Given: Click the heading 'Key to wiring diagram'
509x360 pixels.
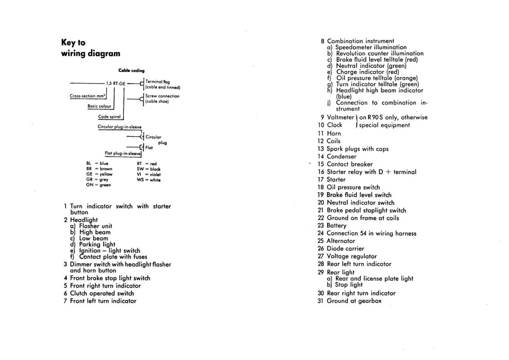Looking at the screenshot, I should pyautogui.click(x=90, y=48).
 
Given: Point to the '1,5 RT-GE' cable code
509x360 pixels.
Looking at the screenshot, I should pyautogui.click(x=116, y=83).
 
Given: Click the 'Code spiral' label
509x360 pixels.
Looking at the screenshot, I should pyautogui.click(x=109, y=117).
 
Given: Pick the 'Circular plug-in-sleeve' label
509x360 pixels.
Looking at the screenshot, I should pyautogui.click(x=119, y=126).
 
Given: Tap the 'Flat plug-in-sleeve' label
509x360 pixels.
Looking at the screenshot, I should pyautogui.click(x=122, y=153).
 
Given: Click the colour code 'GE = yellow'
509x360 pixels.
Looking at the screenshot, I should pyautogui.click(x=99, y=174).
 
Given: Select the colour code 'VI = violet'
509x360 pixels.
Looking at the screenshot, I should pyautogui.click(x=148, y=174).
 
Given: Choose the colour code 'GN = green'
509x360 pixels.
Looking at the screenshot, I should pyautogui.click(x=99, y=185).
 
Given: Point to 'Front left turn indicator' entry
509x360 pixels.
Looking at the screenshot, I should pyautogui.click(x=103, y=301).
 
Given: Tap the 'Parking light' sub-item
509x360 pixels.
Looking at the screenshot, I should pyautogui.click(x=97, y=244).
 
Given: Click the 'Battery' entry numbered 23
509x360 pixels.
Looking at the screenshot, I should pyautogui.click(x=336, y=225).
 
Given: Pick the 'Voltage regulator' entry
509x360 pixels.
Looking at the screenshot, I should pyautogui.click(x=351, y=256).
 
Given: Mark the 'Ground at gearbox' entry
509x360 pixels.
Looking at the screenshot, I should pyautogui.click(x=354, y=301).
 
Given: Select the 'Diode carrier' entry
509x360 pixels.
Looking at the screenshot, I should pyautogui.click(x=345, y=248).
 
